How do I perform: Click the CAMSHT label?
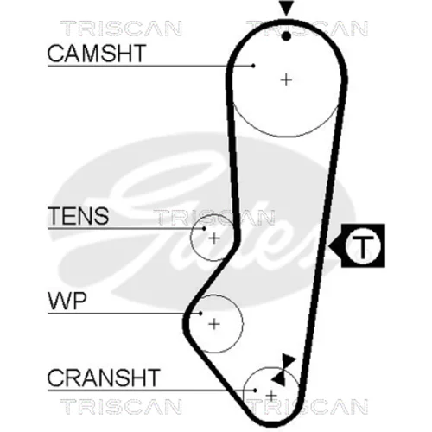click(x=97, y=54)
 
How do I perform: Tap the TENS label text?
click(x=79, y=216)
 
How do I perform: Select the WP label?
click(x=67, y=301)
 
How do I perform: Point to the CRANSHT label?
click(x=104, y=378)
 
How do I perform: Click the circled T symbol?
click(x=363, y=245)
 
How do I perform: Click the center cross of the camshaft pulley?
click(x=286, y=79)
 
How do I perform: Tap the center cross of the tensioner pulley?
click(x=214, y=238)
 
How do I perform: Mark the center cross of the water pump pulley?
click(x=214, y=324)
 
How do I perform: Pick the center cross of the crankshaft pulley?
click(x=271, y=397)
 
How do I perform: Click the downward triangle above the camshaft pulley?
click(x=286, y=7)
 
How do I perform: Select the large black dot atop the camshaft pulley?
click(x=286, y=36)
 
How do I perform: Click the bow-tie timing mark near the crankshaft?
click(x=284, y=370)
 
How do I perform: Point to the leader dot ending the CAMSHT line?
click(x=253, y=66)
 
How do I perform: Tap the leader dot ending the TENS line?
click(x=204, y=229)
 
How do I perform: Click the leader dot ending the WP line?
click(x=200, y=314)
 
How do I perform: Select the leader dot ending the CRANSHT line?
click(x=255, y=391)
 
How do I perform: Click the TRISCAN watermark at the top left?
click(x=121, y=29)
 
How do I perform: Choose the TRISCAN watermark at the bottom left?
click(x=121, y=406)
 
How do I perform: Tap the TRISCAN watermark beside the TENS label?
click(x=213, y=217)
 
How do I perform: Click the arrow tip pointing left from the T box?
click(x=328, y=246)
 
